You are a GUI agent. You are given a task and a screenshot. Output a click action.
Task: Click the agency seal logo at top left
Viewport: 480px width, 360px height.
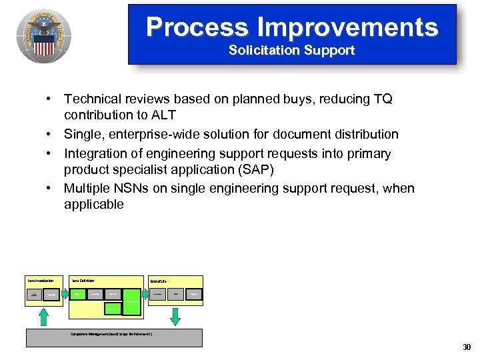click(x=44, y=33)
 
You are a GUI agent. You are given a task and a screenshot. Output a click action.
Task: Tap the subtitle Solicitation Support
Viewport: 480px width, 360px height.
click(x=291, y=51)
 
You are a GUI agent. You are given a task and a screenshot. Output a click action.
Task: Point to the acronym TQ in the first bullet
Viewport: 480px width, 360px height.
click(x=383, y=99)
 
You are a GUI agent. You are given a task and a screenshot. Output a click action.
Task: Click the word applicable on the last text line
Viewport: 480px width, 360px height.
click(x=93, y=205)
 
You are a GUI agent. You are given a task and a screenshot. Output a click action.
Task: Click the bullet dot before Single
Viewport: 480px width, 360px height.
click(x=49, y=135)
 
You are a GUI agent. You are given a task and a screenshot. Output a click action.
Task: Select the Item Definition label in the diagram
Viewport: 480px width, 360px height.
click(x=83, y=281)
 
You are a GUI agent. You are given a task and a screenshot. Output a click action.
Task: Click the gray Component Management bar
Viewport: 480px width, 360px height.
click(x=114, y=337)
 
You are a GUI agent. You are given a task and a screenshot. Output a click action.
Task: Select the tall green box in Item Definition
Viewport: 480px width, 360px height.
click(x=133, y=301)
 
